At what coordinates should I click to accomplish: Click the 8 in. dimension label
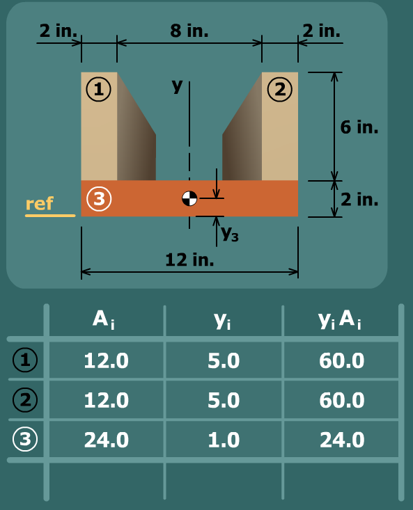click(189, 31)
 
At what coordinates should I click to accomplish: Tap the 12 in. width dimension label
click(189, 260)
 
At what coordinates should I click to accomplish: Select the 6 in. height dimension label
click(359, 127)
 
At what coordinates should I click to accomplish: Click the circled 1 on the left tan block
click(99, 89)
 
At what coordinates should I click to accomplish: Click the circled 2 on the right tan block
click(280, 89)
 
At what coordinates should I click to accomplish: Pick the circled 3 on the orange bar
click(99, 198)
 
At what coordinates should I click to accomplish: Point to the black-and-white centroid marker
click(189, 198)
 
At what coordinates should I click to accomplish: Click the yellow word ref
click(40, 204)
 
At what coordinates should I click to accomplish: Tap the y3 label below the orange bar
click(230, 234)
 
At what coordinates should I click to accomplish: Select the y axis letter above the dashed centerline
click(177, 86)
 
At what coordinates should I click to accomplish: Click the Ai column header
click(104, 320)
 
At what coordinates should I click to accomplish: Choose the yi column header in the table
click(223, 321)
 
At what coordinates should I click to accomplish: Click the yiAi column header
click(340, 320)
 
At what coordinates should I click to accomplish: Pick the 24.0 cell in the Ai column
click(107, 440)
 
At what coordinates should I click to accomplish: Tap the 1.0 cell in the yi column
click(224, 440)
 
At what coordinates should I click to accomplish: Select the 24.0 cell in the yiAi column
click(342, 440)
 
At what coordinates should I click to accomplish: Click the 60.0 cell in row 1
click(342, 360)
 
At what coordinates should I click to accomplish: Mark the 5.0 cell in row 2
click(224, 400)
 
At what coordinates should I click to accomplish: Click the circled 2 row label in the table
click(25, 399)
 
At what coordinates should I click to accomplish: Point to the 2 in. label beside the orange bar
click(359, 199)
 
